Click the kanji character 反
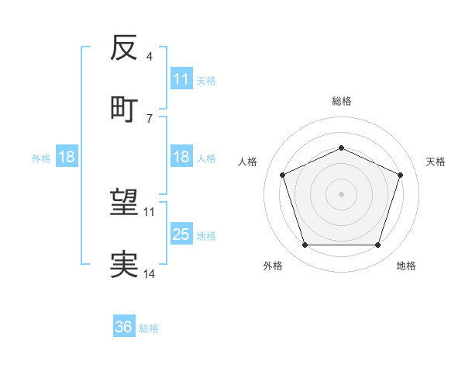click(124, 48)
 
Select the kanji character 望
click(124, 203)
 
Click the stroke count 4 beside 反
click(149, 57)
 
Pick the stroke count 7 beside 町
click(149, 118)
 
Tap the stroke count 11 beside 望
click(150, 211)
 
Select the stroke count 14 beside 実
click(150, 274)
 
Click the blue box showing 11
click(181, 79)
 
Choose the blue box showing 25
click(181, 235)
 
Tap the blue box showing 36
click(124, 328)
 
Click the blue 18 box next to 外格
click(67, 158)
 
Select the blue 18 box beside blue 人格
click(181, 158)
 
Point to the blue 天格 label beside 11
click(206, 80)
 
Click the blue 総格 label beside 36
click(149, 328)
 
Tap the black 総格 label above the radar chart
click(342, 101)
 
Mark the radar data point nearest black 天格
click(401, 175)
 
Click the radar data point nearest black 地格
click(377, 245)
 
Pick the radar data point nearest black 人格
click(282, 175)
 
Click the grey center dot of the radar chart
click(341, 194)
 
